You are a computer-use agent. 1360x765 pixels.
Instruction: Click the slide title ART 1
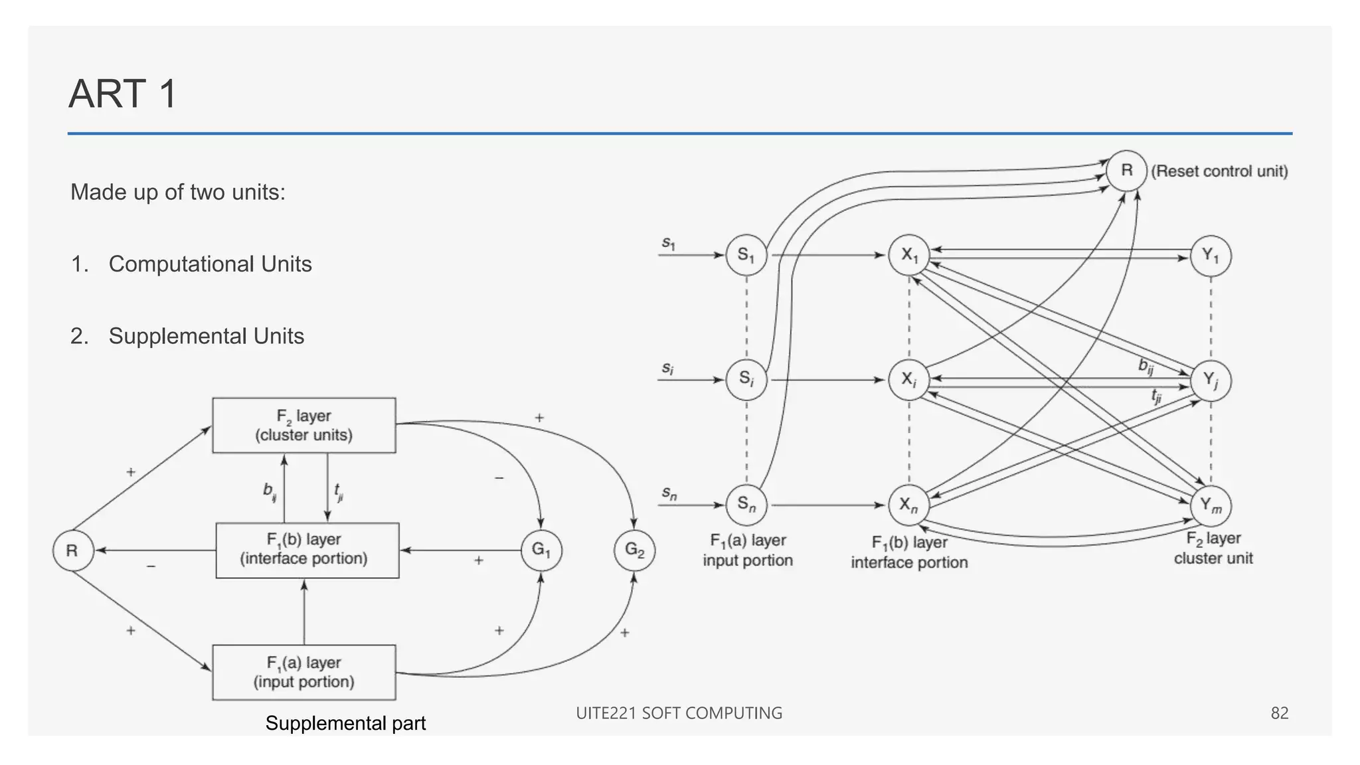[123, 94]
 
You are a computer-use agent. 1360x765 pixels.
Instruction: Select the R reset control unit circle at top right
[1126, 171]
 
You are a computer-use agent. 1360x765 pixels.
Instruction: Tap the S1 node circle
[746, 255]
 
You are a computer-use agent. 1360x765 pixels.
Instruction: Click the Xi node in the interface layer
[908, 380]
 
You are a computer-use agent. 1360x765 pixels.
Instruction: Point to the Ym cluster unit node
[1211, 506]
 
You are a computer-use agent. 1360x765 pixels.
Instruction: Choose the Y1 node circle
[1211, 256]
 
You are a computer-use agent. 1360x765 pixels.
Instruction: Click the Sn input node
[746, 505]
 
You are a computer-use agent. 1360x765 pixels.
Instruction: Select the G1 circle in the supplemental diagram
[541, 550]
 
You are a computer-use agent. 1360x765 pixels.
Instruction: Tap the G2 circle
[634, 550]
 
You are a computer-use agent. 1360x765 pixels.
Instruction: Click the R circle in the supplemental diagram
[72, 551]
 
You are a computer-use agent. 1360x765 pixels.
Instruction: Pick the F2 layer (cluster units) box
[304, 426]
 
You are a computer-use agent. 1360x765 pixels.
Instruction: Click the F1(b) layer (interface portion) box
[307, 550]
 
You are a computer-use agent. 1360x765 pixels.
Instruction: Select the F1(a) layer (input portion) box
[304, 672]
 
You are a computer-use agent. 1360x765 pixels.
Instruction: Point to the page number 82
[1279, 713]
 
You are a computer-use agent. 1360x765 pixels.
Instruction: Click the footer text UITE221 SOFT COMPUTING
[679, 713]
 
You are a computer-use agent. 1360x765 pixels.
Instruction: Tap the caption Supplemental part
[345, 723]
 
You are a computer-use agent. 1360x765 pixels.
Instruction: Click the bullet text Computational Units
[210, 264]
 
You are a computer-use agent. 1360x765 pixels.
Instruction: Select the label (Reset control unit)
[1219, 171]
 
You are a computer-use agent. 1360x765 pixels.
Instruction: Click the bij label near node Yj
[1146, 365]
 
